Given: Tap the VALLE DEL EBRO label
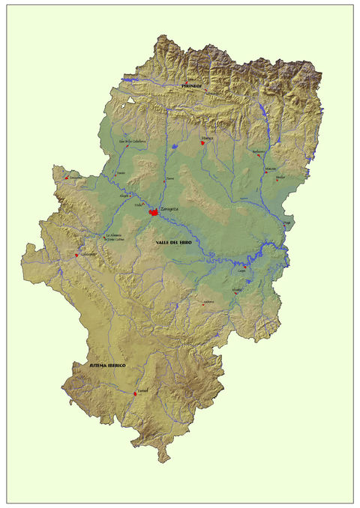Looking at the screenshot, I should [178, 243].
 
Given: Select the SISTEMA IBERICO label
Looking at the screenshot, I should [107, 365].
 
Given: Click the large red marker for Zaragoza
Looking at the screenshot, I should [153, 213].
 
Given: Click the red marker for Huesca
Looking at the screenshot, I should [202, 141].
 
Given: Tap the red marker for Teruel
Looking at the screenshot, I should [134, 393].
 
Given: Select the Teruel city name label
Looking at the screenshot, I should [143, 390].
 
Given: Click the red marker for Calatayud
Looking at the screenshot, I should [76, 255].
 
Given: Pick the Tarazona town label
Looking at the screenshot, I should [75, 177].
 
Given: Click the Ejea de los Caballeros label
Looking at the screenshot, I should [130, 140].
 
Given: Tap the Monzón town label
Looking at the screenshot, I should [270, 169].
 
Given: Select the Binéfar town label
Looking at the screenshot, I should [280, 177].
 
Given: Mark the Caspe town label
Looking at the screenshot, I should [242, 270].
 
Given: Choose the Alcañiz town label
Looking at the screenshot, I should [237, 289].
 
